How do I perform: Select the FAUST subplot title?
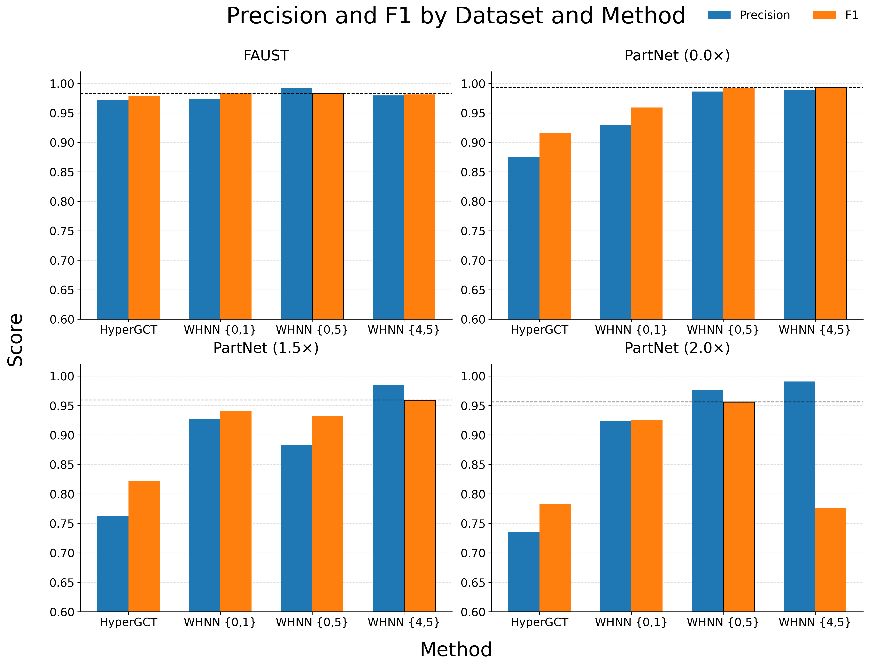click(266, 55)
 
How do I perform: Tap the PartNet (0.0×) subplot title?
click(677, 55)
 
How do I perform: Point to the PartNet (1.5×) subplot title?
click(266, 348)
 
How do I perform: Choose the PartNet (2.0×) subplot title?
click(677, 348)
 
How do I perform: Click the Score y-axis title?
click(16, 340)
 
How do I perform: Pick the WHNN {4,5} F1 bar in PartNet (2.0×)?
click(831, 560)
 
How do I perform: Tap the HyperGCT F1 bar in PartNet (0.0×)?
click(555, 226)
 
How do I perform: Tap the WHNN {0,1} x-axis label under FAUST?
click(220, 330)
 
